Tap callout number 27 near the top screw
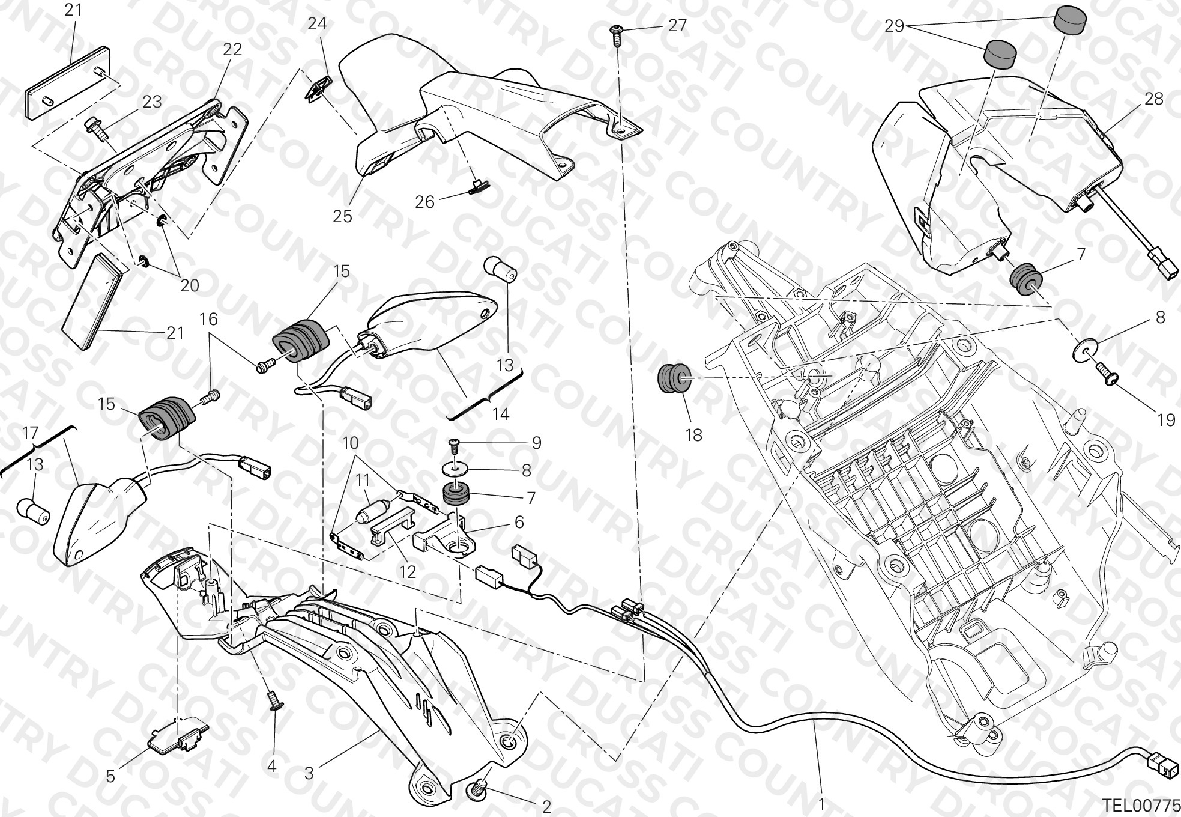click(677, 26)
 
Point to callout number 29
click(894, 26)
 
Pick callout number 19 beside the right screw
click(1165, 420)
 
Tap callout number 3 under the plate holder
click(309, 773)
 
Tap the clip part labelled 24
click(318, 88)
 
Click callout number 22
click(232, 49)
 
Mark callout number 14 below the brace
click(501, 414)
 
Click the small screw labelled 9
click(455, 444)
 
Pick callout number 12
click(408, 571)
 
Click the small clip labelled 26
click(479, 187)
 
